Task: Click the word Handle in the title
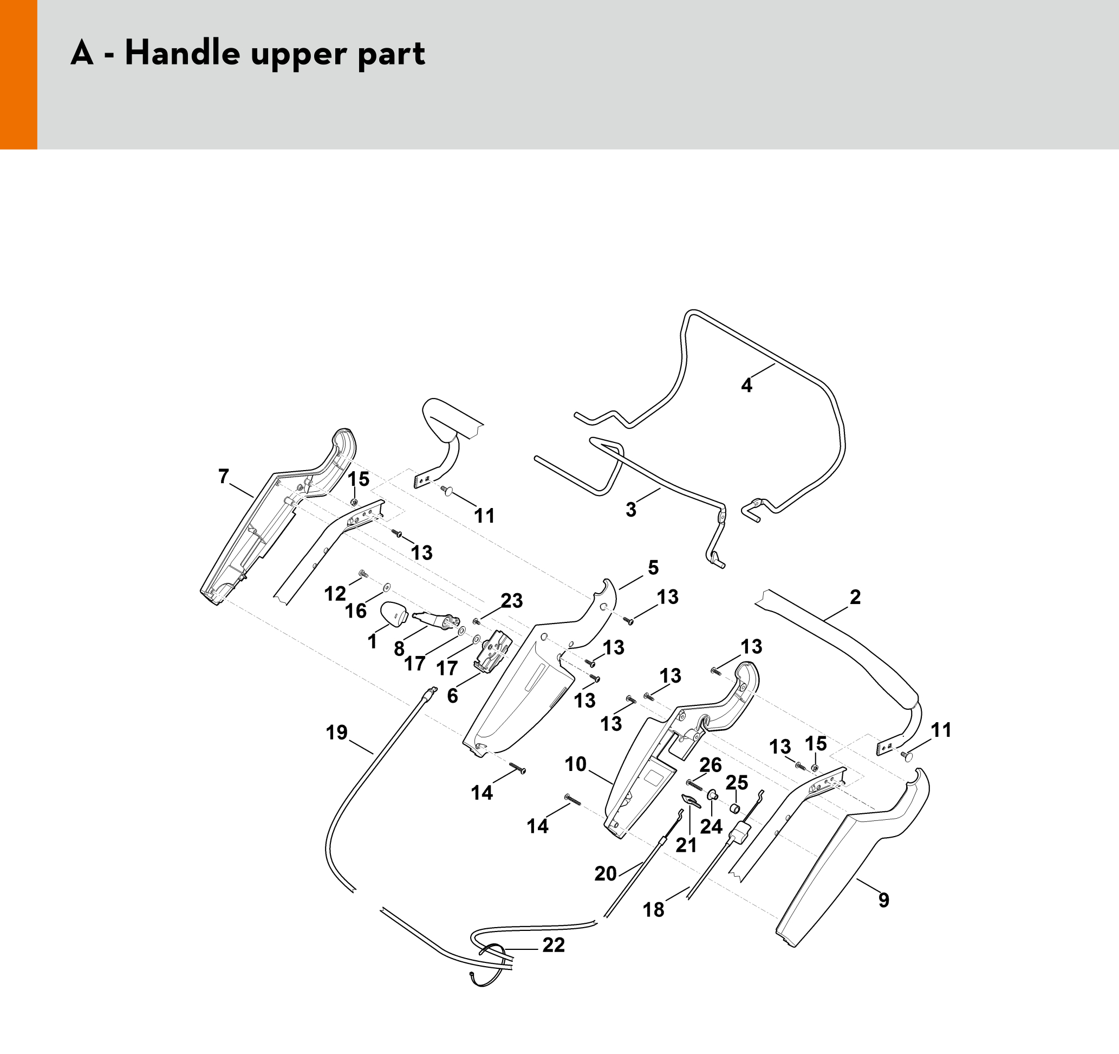pyautogui.click(x=181, y=54)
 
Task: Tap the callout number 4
pyautogui.click(x=746, y=385)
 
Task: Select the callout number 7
pyautogui.click(x=224, y=477)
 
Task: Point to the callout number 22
pyautogui.click(x=554, y=944)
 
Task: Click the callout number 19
pyautogui.click(x=336, y=732)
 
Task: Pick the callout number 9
pyautogui.click(x=884, y=900)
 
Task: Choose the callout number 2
pyautogui.click(x=855, y=597)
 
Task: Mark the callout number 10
pyautogui.click(x=575, y=764)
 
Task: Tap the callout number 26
pyautogui.click(x=711, y=764)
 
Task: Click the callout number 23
pyautogui.click(x=512, y=601)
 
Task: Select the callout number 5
pyautogui.click(x=653, y=567)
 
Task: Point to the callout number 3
pyautogui.click(x=631, y=509)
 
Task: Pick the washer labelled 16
pyautogui.click(x=386, y=588)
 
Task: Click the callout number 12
pyautogui.click(x=335, y=593)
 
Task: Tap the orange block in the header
pyautogui.click(x=18, y=74)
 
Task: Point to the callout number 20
pyautogui.click(x=606, y=874)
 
